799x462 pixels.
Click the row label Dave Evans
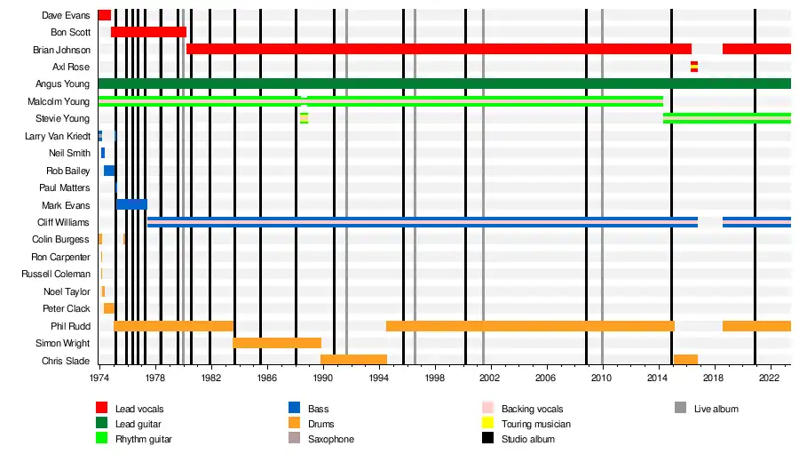[66, 15]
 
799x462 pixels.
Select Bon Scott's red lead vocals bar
[148, 32]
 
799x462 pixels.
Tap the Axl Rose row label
[71, 67]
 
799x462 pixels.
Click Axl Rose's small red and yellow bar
[694, 67]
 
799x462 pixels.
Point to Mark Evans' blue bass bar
[131, 204]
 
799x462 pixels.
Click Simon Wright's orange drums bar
[277, 343]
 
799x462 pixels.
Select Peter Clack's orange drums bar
[108, 308]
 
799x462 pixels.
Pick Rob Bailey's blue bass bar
[109, 171]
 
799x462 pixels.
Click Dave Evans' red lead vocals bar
[105, 15]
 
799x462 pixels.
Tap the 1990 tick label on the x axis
[322, 378]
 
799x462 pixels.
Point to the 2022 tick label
[769, 378]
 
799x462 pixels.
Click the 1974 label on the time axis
[99, 378]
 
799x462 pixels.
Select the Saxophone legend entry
[330, 439]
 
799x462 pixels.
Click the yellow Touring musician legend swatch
[487, 424]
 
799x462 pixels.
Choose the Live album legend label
[716, 409]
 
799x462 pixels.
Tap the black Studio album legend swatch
[487, 439]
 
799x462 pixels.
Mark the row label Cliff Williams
[63, 222]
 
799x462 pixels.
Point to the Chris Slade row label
[66, 361]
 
